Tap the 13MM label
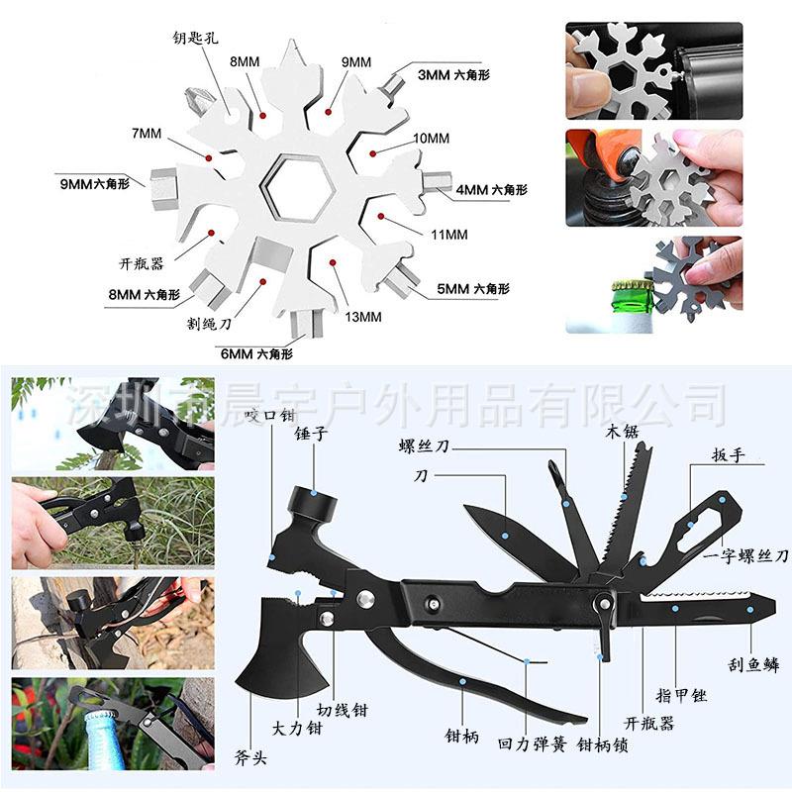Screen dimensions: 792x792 [x=363, y=317]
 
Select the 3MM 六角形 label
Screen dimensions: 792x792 [x=453, y=75]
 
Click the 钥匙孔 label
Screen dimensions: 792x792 [x=195, y=38]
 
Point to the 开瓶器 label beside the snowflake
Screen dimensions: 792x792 [x=142, y=263]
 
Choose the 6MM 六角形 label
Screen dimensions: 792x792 [x=256, y=353]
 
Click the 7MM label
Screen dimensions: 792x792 [x=147, y=134]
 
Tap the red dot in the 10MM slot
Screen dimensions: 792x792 [x=373, y=153]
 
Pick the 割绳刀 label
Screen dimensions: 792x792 [x=209, y=324]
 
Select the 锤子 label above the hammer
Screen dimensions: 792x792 [x=311, y=434]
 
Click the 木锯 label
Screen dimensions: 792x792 [x=623, y=432]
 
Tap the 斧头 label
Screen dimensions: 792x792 [x=250, y=757]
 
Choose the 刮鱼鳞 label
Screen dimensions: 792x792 [x=753, y=665]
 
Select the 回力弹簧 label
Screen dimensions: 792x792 [x=533, y=743]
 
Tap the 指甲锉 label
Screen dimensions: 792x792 [x=681, y=696]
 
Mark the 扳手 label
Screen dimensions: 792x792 [x=729, y=455]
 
